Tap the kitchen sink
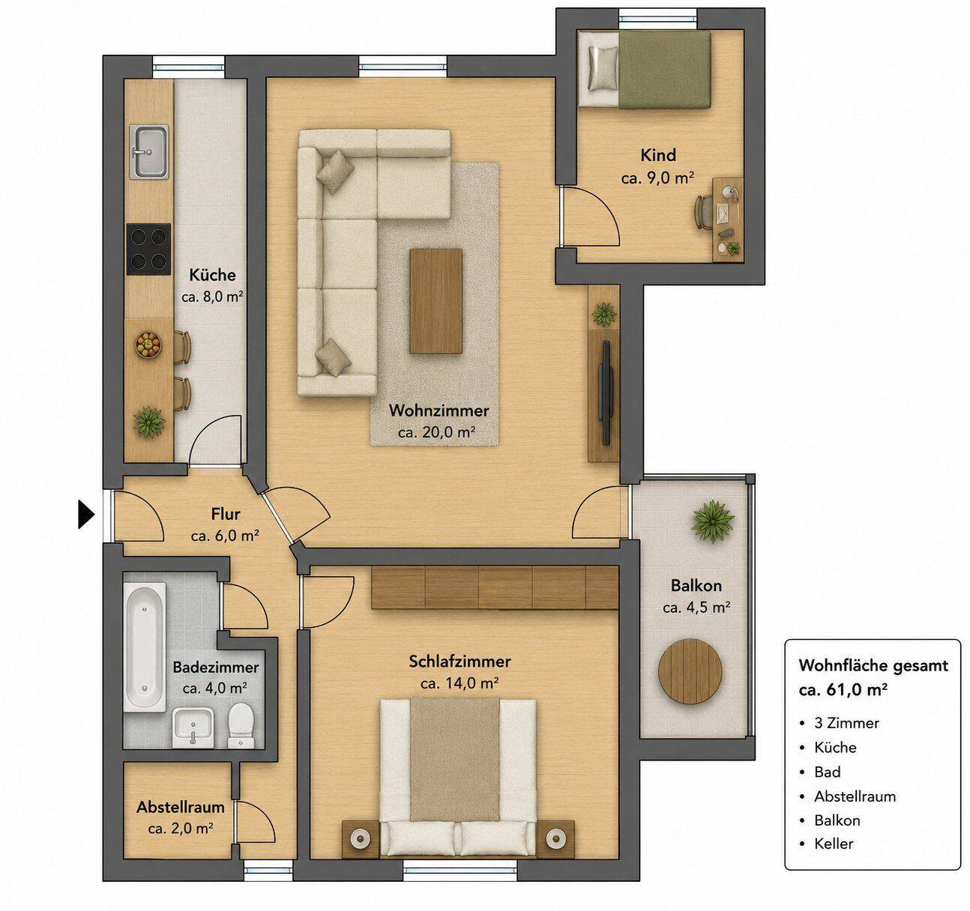point(149,151)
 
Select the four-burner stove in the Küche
point(149,249)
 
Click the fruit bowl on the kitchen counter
point(148,345)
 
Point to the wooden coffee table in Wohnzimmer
point(436,300)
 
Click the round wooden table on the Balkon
point(690,671)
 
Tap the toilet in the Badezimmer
point(241,724)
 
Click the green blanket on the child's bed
point(664,70)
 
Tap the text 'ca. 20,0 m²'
point(436,432)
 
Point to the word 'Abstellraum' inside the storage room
point(180,807)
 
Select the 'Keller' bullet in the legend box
point(834,843)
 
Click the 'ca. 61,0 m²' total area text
point(843,689)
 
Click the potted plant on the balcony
point(713,521)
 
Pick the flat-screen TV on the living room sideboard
point(606,393)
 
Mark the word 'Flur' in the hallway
point(226,514)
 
